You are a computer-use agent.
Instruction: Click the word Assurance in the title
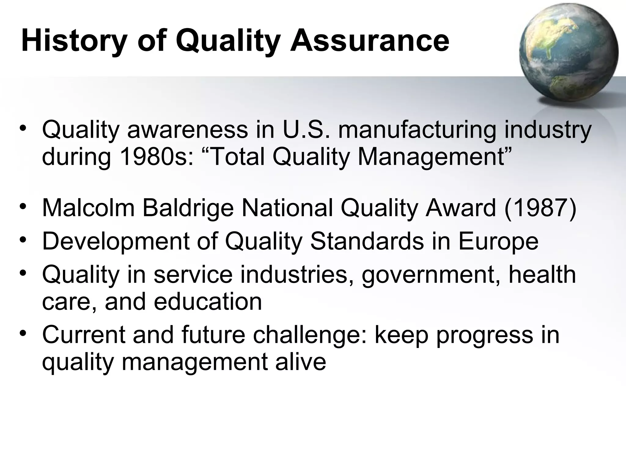pos(370,41)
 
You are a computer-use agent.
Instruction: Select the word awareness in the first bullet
pos(187,130)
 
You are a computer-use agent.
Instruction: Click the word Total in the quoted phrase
pos(237,157)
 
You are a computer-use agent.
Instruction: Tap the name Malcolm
pos(88,208)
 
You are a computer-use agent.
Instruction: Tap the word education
pos(208,302)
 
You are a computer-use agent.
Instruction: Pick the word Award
pos(461,208)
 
